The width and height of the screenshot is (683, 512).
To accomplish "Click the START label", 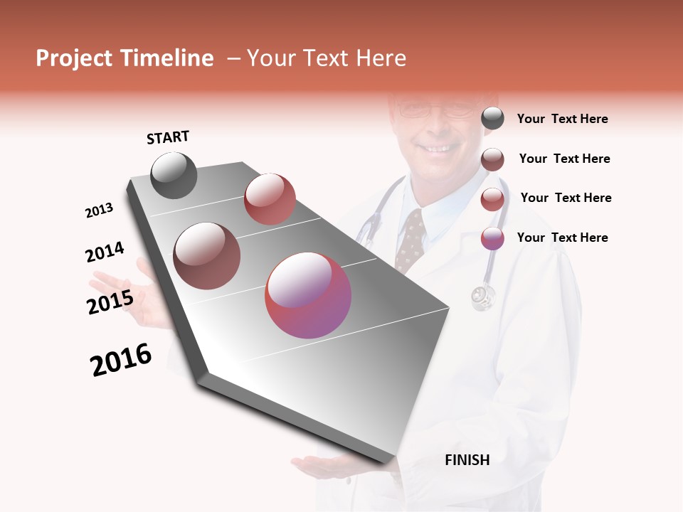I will [x=168, y=137].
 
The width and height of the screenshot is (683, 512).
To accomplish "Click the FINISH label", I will [x=467, y=460].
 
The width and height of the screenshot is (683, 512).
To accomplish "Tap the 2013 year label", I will [x=99, y=210].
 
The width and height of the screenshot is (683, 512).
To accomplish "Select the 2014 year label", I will [x=105, y=252].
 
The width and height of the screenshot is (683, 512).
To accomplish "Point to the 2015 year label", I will [x=110, y=302].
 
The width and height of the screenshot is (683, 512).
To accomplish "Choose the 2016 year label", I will [x=121, y=360].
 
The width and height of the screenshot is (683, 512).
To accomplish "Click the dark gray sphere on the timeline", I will [x=174, y=175].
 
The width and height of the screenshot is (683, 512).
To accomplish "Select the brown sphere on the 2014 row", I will [x=206, y=255].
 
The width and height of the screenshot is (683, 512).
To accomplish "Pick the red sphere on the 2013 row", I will [x=270, y=198].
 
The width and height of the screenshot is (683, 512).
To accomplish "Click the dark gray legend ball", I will [x=492, y=119].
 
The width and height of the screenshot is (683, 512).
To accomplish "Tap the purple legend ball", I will [x=492, y=238].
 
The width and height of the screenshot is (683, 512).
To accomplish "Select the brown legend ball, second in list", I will [x=492, y=159].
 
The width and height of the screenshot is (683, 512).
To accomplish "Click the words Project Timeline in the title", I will [x=125, y=58].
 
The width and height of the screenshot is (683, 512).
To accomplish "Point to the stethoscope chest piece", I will [x=483, y=297].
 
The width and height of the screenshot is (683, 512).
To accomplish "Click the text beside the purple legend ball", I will [x=562, y=238].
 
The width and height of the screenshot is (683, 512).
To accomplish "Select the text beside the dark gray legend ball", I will [x=562, y=119].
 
